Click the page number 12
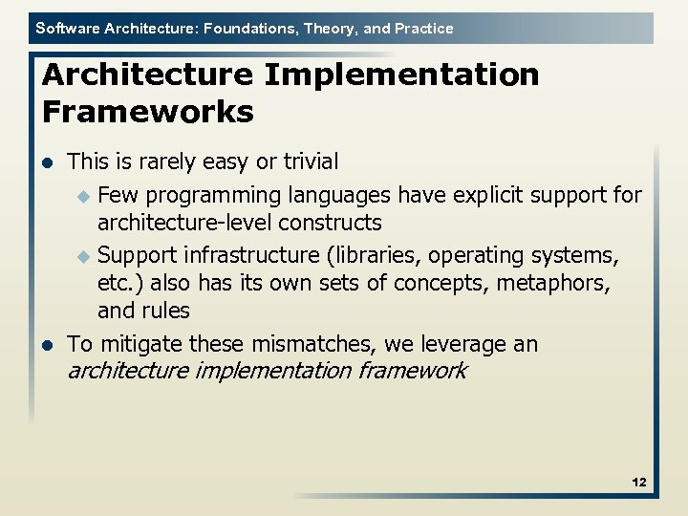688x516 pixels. click(x=639, y=483)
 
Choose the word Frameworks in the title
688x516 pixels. click(x=148, y=112)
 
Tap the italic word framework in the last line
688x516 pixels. click(x=413, y=371)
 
